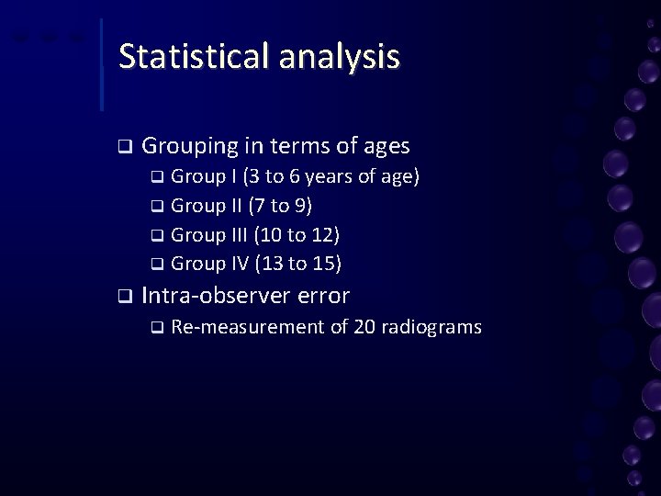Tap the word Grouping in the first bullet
click(190, 146)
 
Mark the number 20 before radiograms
click(364, 327)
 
